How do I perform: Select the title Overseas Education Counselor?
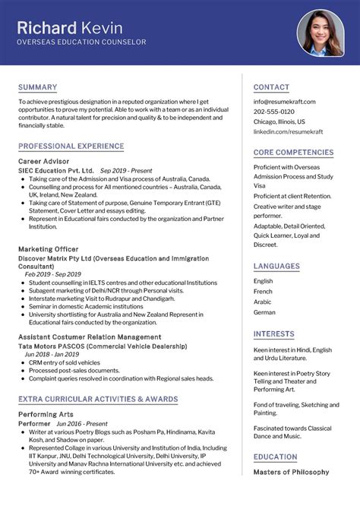[82, 43]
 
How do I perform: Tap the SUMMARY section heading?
[37, 87]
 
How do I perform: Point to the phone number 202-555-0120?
[273, 111]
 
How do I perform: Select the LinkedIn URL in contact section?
[288, 131]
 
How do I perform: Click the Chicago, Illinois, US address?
[279, 122]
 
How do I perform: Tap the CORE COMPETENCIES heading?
[293, 153]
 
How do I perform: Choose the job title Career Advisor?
[43, 162]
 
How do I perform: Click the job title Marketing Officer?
[48, 248]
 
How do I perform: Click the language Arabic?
[263, 302]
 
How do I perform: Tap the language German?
[264, 312]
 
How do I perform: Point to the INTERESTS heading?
[273, 334]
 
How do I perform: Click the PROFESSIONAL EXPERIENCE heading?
[71, 146]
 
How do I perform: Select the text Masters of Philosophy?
[291, 473]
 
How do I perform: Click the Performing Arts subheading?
[46, 415]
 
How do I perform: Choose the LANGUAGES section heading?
[276, 267]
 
